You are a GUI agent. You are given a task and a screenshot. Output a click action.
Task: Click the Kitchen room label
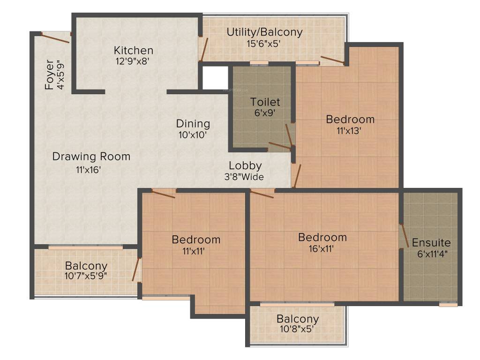coord(134,50)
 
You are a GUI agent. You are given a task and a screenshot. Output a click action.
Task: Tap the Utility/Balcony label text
coord(264,32)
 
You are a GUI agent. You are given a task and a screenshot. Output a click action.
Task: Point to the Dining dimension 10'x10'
coord(193,134)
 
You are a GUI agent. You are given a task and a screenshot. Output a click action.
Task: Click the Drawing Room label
coord(91,156)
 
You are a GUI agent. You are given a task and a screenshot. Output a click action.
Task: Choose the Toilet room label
coord(265,102)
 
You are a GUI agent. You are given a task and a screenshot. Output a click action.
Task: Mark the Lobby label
coord(245,165)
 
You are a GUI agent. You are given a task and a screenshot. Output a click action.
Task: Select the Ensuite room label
coord(431,243)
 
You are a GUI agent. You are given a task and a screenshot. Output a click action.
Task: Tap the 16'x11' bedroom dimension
coord(322,248)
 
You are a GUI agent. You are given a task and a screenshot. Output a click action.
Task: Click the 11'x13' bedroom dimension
coord(350,131)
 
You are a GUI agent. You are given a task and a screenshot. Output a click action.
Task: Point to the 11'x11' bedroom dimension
coord(196,251)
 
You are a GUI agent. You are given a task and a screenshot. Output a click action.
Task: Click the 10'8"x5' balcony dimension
coord(297,329)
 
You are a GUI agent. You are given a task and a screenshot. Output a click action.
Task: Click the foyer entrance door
coord(55,37)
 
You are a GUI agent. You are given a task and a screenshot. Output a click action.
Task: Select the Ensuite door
coord(402,236)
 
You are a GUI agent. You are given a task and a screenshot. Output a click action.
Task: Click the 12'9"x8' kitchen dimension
coord(134,61)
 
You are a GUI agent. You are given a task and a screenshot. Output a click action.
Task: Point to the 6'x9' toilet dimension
coord(265,112)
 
